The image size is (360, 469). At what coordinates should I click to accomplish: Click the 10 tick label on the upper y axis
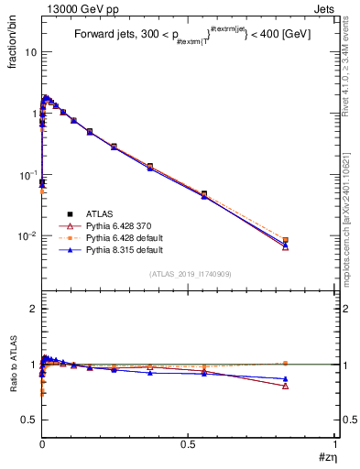pos(30,52)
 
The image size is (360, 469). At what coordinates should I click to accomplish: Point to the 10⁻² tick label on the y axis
pos(27,236)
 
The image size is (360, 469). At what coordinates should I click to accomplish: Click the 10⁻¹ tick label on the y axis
pos(27,175)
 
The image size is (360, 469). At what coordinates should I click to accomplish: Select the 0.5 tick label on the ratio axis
pos(29,420)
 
